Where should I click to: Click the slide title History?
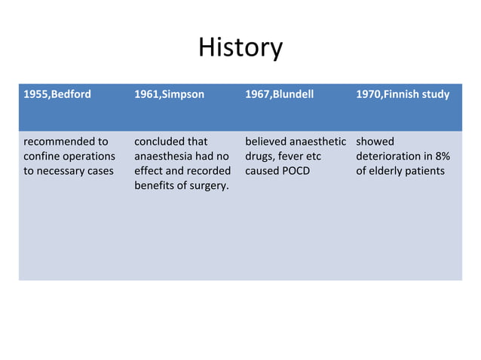click(x=240, y=48)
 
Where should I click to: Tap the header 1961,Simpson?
click(x=169, y=95)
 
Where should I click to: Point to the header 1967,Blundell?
click(x=280, y=95)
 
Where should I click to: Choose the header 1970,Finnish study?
click(x=403, y=95)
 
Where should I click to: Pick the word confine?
click(x=43, y=156)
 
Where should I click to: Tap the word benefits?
click(x=155, y=186)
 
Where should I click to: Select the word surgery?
click(x=208, y=186)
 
